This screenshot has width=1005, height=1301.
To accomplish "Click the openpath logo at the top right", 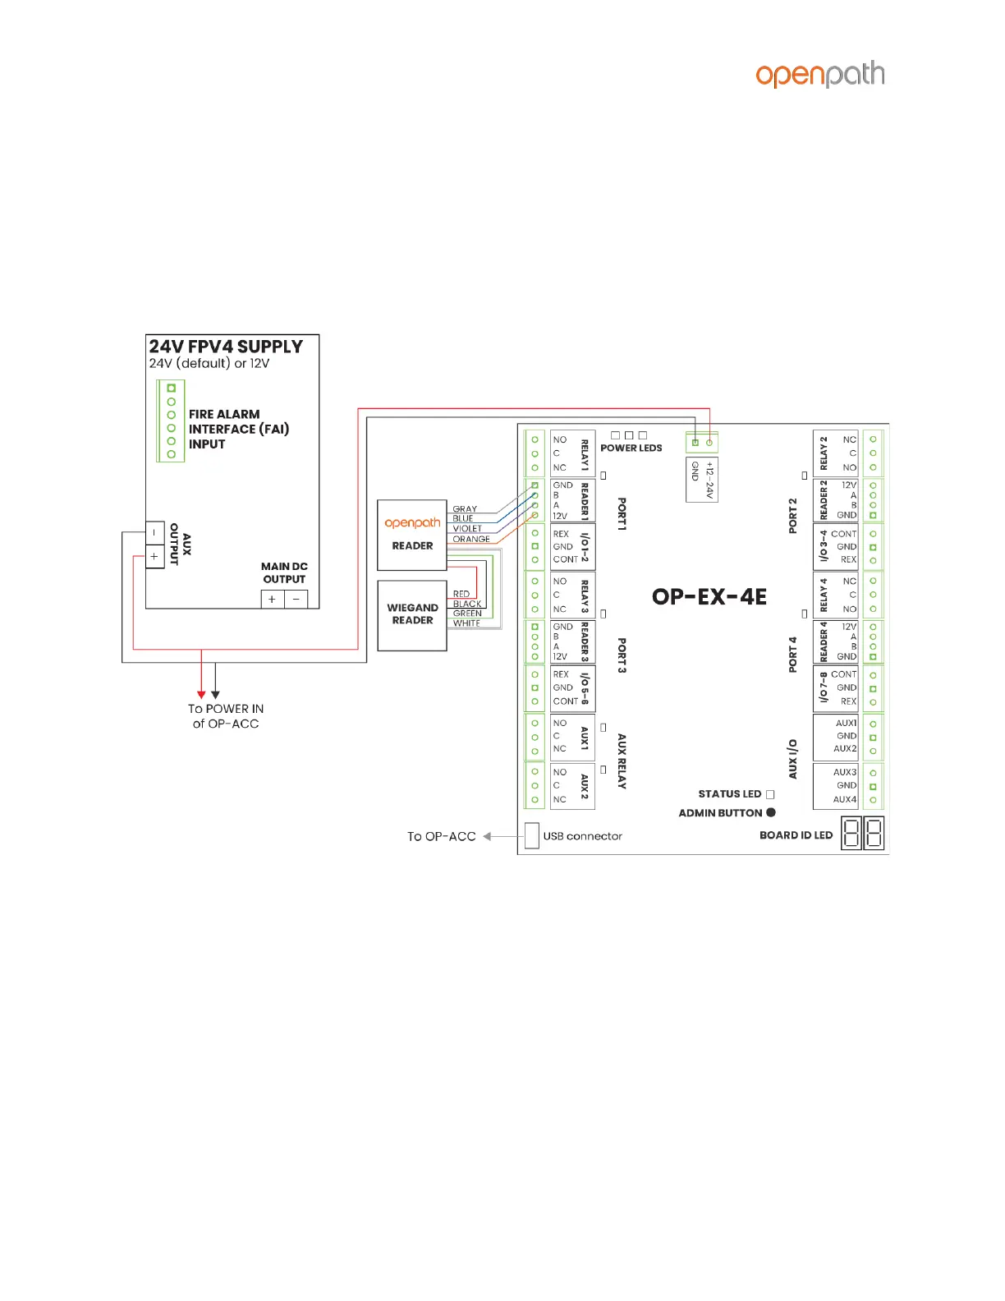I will [820, 74].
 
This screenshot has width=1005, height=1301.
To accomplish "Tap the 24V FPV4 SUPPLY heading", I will [226, 347].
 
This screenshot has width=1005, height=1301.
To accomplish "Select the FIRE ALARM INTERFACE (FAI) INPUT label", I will [238, 429].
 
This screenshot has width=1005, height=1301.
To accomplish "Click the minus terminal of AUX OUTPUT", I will [154, 532].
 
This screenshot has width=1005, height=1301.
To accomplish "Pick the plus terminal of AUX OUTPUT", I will [154, 557].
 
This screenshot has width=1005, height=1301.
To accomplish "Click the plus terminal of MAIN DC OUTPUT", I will [273, 600].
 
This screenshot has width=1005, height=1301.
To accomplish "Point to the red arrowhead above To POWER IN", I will [201, 695].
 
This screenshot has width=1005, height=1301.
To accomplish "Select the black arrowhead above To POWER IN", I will [215, 695].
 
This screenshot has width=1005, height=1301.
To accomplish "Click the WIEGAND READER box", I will [412, 615].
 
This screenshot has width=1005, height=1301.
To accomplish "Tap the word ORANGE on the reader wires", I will [471, 540].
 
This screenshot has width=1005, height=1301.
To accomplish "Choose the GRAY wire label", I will [465, 509].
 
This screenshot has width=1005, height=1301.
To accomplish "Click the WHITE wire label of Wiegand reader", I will [466, 623].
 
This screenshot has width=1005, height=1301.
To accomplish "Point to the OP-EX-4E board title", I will [709, 597].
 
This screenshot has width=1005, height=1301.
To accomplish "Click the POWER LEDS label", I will [631, 448].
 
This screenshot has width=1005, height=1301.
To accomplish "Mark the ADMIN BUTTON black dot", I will [771, 812].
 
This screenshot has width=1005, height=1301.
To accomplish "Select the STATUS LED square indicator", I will [770, 794].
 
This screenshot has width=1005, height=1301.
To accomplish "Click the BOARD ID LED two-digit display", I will [863, 834].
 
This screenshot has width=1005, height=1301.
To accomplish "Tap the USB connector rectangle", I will [532, 835].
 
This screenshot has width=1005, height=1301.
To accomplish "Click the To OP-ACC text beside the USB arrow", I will [442, 836].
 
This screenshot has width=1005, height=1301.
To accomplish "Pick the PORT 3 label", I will [622, 655].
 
